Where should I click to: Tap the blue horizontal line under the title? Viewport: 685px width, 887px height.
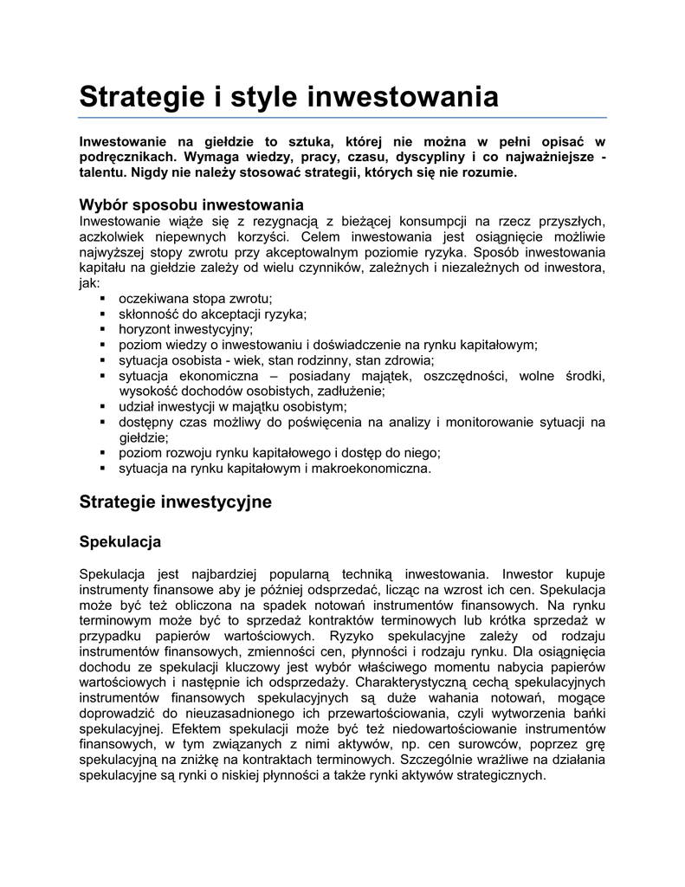tap(342, 116)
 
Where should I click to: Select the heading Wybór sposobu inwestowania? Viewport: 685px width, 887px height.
tap(191, 205)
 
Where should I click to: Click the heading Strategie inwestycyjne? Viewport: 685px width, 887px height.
tap(175, 502)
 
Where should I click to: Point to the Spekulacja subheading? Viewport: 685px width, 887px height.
tap(120, 542)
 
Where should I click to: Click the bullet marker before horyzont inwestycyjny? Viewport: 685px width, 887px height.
tap(102, 329)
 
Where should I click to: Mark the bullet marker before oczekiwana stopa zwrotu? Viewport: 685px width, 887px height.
tap(102, 298)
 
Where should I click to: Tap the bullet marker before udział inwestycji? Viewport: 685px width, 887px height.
tap(102, 407)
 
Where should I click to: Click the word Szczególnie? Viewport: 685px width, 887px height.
tap(441, 759)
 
